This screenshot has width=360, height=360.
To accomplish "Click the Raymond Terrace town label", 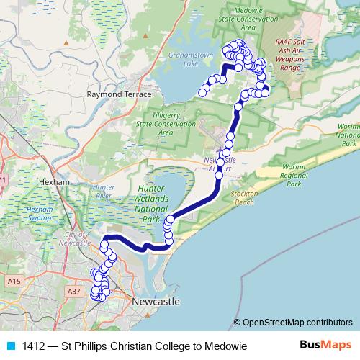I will point(119,94).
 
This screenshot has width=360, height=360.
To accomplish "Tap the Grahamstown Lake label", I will point(180,58).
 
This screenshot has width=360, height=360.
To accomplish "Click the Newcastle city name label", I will point(155,301).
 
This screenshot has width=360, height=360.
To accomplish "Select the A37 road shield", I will point(73,291).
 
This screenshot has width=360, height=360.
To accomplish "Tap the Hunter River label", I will point(104,191).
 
